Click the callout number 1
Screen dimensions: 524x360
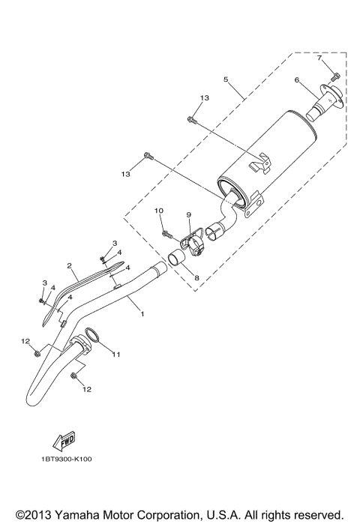[x=142, y=314]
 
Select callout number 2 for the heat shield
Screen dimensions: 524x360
[x=69, y=265]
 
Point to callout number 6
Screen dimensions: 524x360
[x=297, y=79]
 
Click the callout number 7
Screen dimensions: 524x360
[x=319, y=58]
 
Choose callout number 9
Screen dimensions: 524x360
[x=189, y=214]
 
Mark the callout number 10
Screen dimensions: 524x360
[x=158, y=211]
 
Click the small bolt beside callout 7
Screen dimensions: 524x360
[x=334, y=76]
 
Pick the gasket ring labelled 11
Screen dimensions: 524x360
[x=93, y=337]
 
